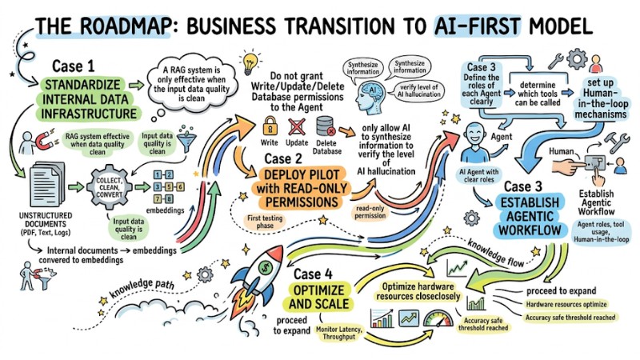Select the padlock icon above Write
point(270,125)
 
